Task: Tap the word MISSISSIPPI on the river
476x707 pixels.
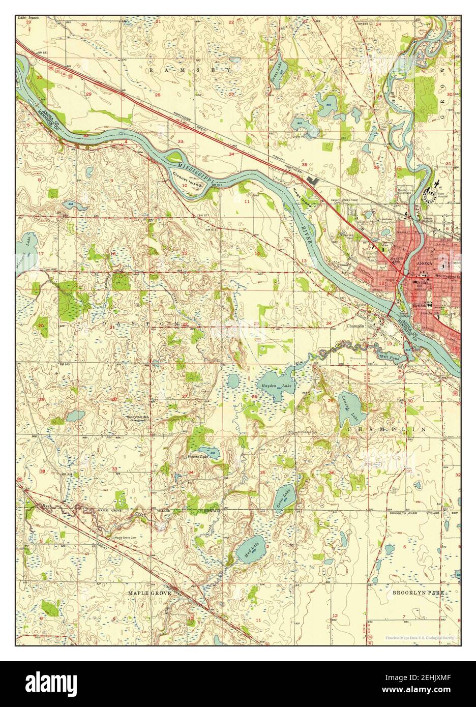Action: [x=197, y=171]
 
